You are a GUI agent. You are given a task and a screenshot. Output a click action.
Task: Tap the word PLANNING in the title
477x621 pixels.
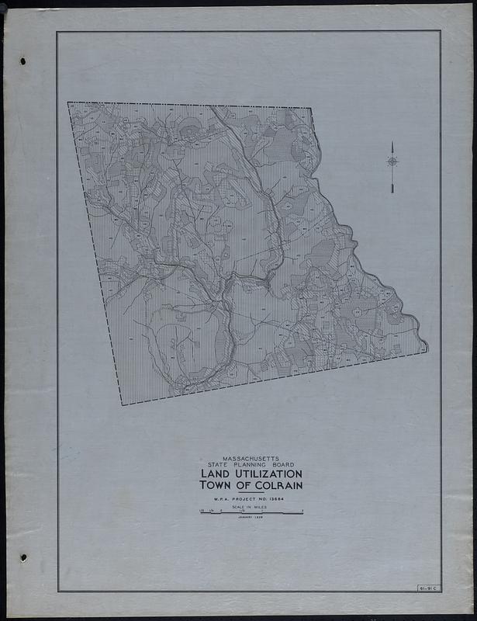251,465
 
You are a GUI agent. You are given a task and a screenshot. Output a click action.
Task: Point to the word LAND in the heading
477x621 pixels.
215,474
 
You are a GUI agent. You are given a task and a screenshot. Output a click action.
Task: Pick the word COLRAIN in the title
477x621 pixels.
275,485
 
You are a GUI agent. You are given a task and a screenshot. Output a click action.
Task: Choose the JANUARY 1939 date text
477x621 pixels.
251,519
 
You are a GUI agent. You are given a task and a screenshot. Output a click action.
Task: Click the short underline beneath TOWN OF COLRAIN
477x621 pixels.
251,492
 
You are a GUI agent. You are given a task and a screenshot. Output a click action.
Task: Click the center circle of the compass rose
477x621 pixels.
392,161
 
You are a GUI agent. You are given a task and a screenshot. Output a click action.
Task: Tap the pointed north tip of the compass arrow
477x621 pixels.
392,143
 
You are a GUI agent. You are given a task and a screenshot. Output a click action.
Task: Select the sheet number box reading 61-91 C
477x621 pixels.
427,588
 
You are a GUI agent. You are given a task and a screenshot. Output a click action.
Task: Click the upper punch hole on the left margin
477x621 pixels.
22,61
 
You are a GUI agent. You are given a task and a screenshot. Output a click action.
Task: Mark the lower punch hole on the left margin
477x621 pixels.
22,557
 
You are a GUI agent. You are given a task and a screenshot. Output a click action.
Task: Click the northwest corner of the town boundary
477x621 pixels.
68,102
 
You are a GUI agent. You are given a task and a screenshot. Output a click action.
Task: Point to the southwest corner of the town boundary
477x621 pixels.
122,404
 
